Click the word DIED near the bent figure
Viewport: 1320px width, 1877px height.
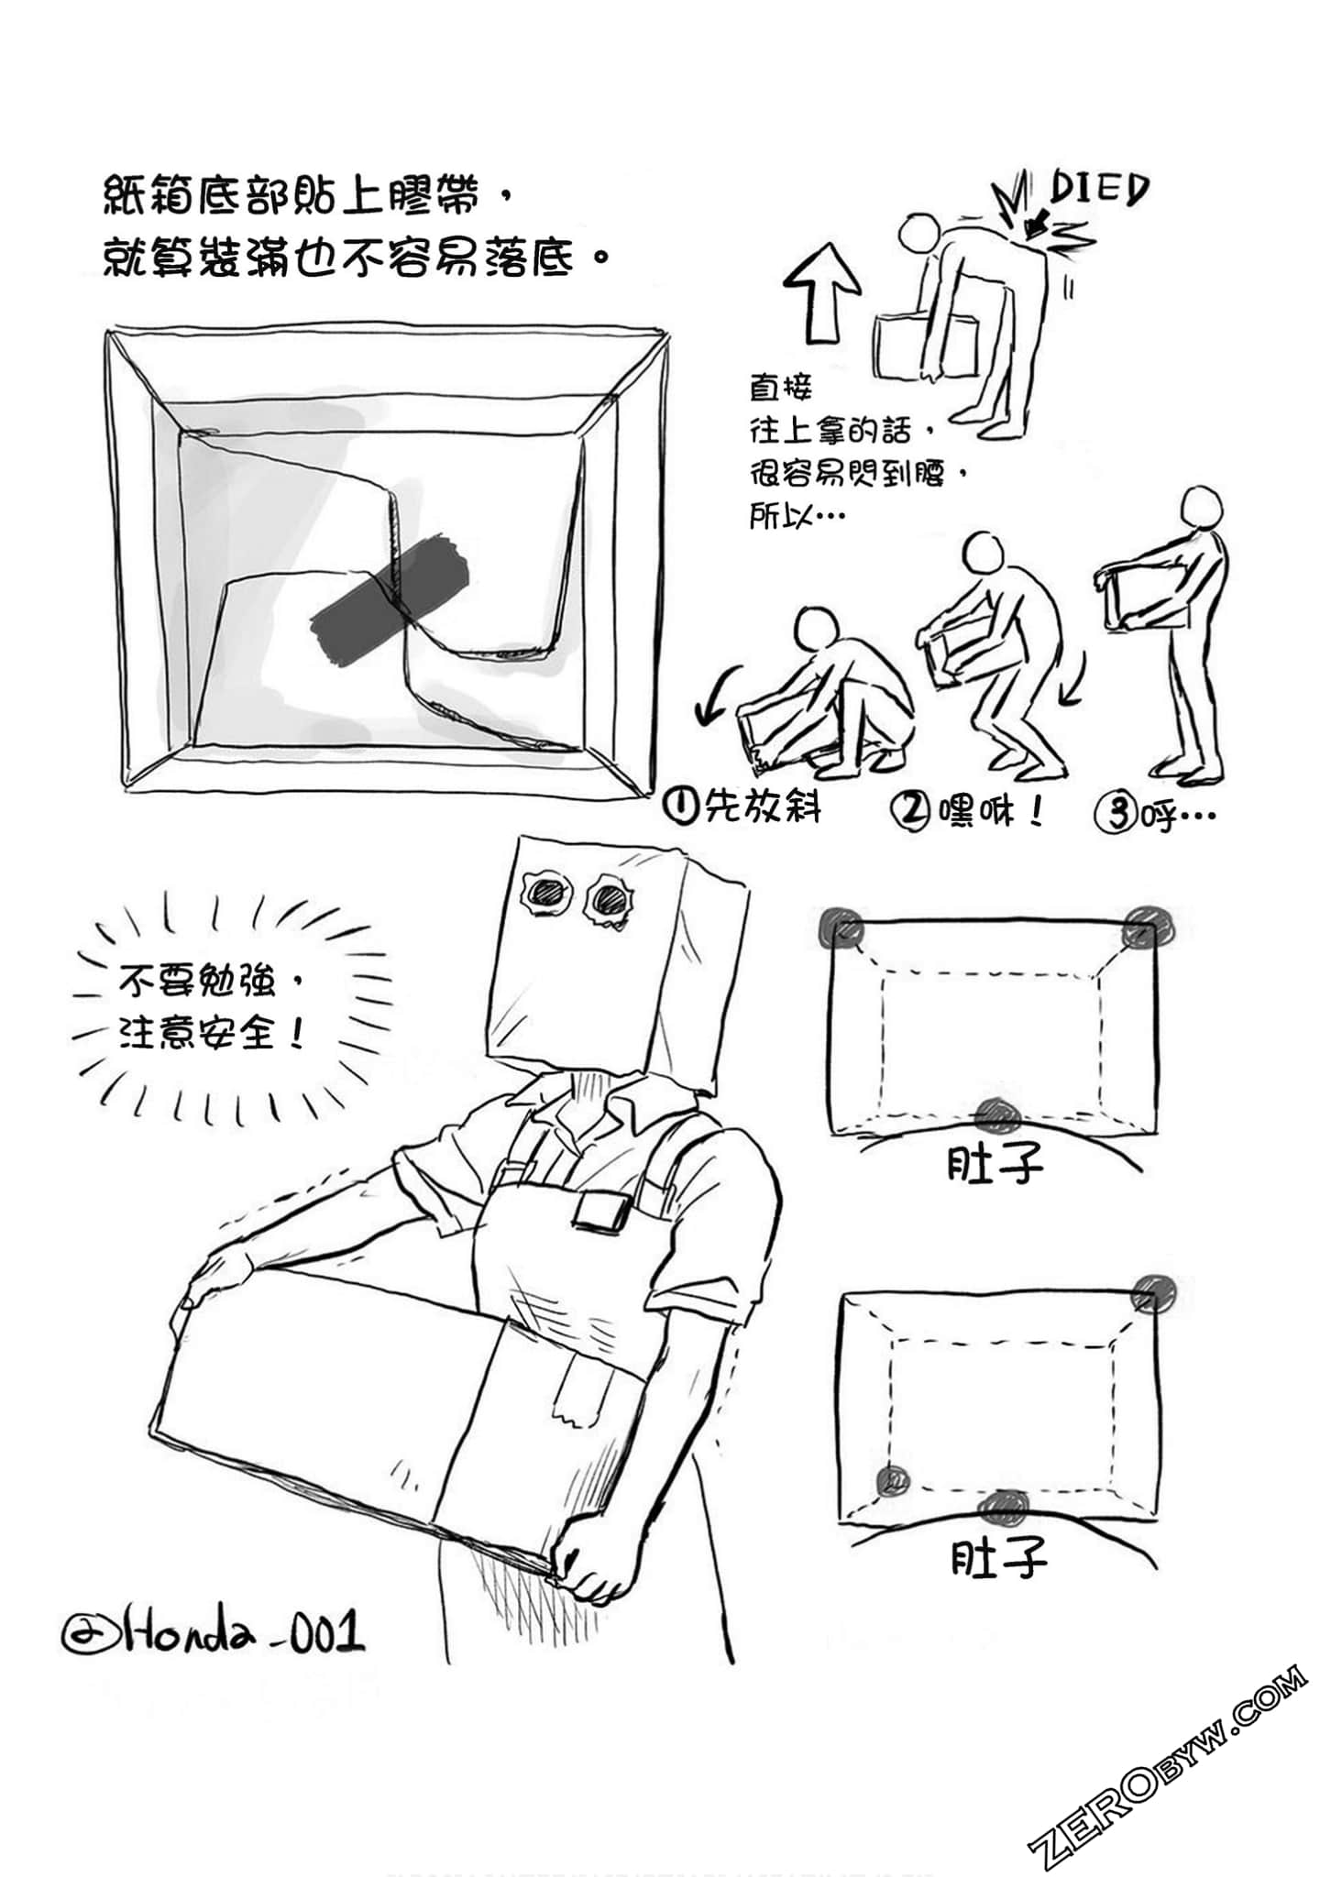click(x=1097, y=190)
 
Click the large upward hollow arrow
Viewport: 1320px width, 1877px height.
click(x=823, y=291)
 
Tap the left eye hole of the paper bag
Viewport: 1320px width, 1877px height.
click(x=547, y=894)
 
